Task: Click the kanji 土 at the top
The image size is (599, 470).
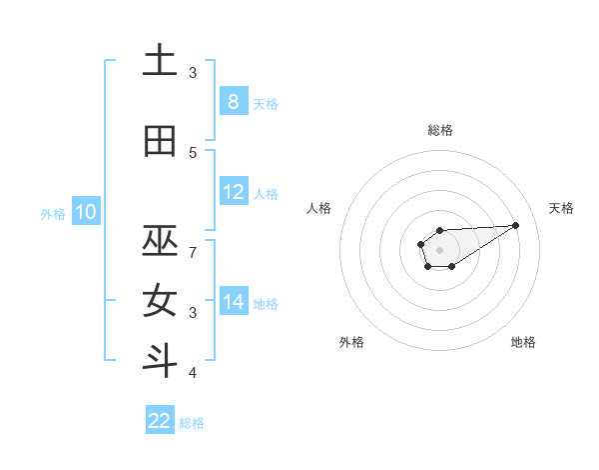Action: coord(161,62)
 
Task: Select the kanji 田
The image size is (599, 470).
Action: coord(161,142)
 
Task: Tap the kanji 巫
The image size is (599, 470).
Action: coord(161,241)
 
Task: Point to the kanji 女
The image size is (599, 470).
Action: coord(161,301)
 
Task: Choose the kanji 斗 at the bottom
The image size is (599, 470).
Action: coord(161,360)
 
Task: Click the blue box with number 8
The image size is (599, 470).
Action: coord(233,102)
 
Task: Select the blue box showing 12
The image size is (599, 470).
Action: coord(233,192)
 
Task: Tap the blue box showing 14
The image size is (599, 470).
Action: coord(233,302)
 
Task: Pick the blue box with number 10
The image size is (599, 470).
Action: coord(85,212)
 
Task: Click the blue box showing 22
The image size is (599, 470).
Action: coord(160,421)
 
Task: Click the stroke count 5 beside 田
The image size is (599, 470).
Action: coord(193,153)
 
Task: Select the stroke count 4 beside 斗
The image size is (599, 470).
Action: coord(193,373)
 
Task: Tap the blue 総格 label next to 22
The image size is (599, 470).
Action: coord(192,423)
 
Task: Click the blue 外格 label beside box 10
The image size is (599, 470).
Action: coord(53,213)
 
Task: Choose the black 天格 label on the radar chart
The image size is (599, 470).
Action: coord(561,208)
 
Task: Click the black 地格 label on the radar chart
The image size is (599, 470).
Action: coord(523,342)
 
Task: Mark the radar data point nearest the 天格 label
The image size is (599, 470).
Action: coord(516,224)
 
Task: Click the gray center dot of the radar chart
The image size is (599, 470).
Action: coord(439,249)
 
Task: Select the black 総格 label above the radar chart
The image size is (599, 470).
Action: coord(439,130)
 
